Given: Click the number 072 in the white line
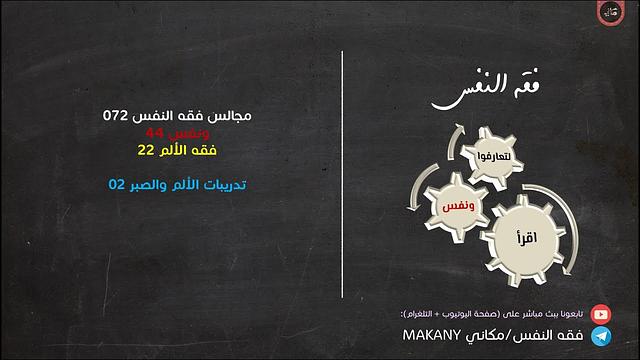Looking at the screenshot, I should coord(117,116).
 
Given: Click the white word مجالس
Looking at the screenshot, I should coord(229,116).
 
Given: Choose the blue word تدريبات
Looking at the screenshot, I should coord(222,184).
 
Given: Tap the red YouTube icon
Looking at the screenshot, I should coord(600,313).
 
